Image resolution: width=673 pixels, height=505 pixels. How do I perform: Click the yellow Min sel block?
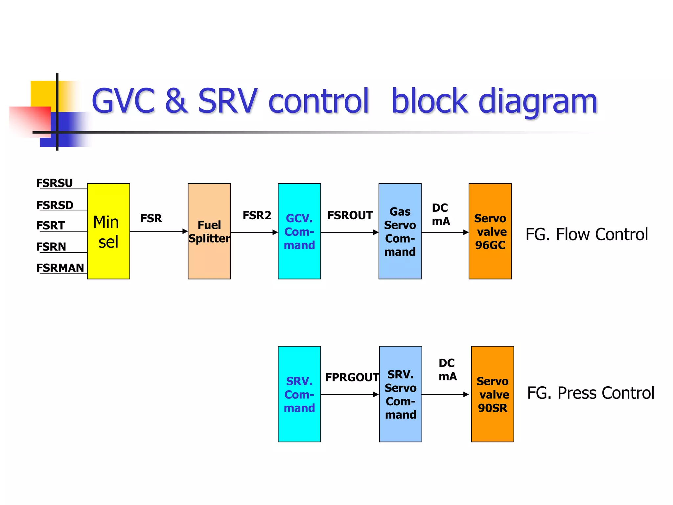(108, 231)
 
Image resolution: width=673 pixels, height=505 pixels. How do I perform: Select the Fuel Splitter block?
(209, 231)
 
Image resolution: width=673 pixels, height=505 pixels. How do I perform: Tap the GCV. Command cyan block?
(299, 231)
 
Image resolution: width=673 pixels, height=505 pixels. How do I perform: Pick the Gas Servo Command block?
(400, 231)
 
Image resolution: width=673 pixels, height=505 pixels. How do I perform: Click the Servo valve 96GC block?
(490, 231)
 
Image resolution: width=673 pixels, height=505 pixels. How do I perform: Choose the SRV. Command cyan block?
(299, 394)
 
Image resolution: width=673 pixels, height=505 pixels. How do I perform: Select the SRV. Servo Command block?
(400, 394)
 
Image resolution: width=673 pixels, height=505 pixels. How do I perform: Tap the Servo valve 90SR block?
(492, 394)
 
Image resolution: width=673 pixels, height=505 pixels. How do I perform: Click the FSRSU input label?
(55, 183)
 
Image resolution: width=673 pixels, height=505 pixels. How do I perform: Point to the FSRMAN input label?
(60, 268)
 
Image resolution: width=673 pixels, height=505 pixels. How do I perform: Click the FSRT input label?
(51, 225)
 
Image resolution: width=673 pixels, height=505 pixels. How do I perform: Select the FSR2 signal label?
(257, 215)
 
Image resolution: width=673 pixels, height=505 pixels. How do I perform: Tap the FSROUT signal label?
(350, 215)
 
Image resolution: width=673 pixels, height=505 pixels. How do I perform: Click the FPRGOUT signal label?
(352, 377)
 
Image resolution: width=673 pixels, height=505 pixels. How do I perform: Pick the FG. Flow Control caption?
(587, 234)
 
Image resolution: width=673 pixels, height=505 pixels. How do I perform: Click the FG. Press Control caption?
(591, 393)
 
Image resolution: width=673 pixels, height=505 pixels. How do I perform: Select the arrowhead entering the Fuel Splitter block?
(185, 231)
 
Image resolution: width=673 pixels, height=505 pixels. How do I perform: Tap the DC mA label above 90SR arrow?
(448, 370)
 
